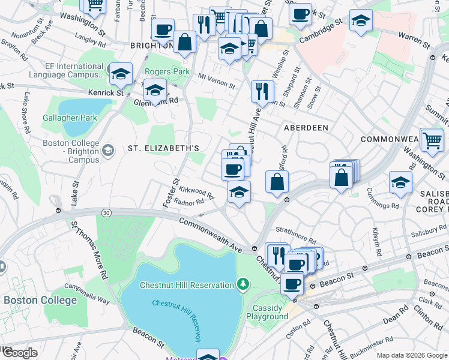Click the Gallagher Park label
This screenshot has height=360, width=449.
click(x=70, y=118)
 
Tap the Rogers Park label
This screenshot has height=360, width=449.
click(x=167, y=72)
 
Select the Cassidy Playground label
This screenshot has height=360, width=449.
click(x=267, y=312)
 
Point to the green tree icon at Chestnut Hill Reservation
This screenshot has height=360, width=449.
click(x=243, y=283)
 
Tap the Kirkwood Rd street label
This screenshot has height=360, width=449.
click(x=196, y=191)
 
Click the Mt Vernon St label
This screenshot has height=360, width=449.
click(x=214, y=77)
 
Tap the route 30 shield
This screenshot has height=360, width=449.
click(x=106, y=212)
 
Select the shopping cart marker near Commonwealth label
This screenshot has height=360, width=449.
click(x=432, y=140)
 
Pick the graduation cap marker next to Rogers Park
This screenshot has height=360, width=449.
click(x=155, y=90)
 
